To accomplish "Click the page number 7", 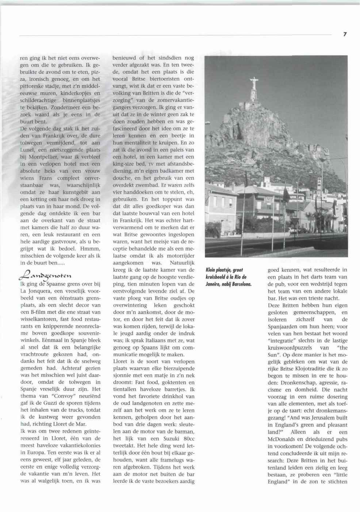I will click(344, 34).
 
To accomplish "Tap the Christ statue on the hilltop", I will click(253, 86).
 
